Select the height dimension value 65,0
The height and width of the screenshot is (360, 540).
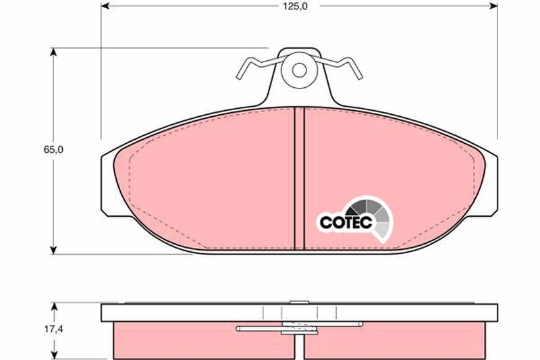54,150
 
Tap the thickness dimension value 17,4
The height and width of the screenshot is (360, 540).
54,331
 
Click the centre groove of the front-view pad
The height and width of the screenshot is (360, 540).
300,179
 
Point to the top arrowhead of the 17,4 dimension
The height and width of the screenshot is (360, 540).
54,306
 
